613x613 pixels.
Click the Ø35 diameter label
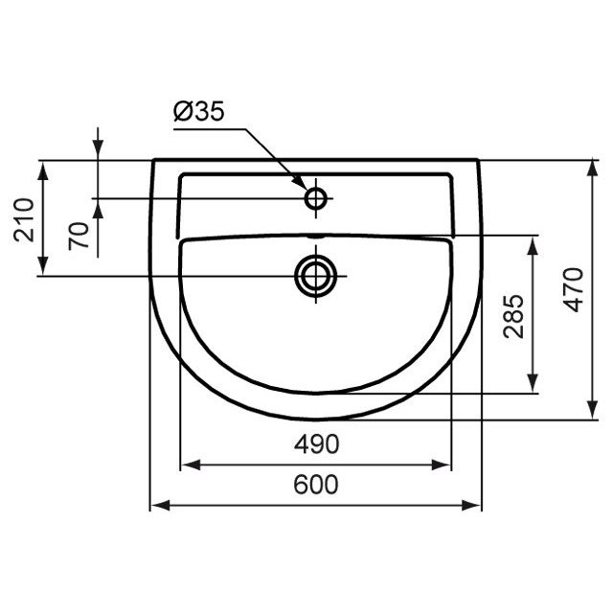[x=198, y=112]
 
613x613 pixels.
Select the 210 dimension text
[x=25, y=219]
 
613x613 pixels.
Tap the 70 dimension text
[x=81, y=234]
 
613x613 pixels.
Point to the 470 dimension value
[x=573, y=289]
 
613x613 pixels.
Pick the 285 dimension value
[x=514, y=315]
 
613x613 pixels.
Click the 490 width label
[x=315, y=444]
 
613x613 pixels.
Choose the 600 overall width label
[x=315, y=485]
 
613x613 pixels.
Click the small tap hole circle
[x=315, y=198]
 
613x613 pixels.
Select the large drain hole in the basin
[x=314, y=275]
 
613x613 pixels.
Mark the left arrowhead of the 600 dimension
[x=158, y=505]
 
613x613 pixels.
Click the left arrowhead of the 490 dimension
[x=189, y=465]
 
